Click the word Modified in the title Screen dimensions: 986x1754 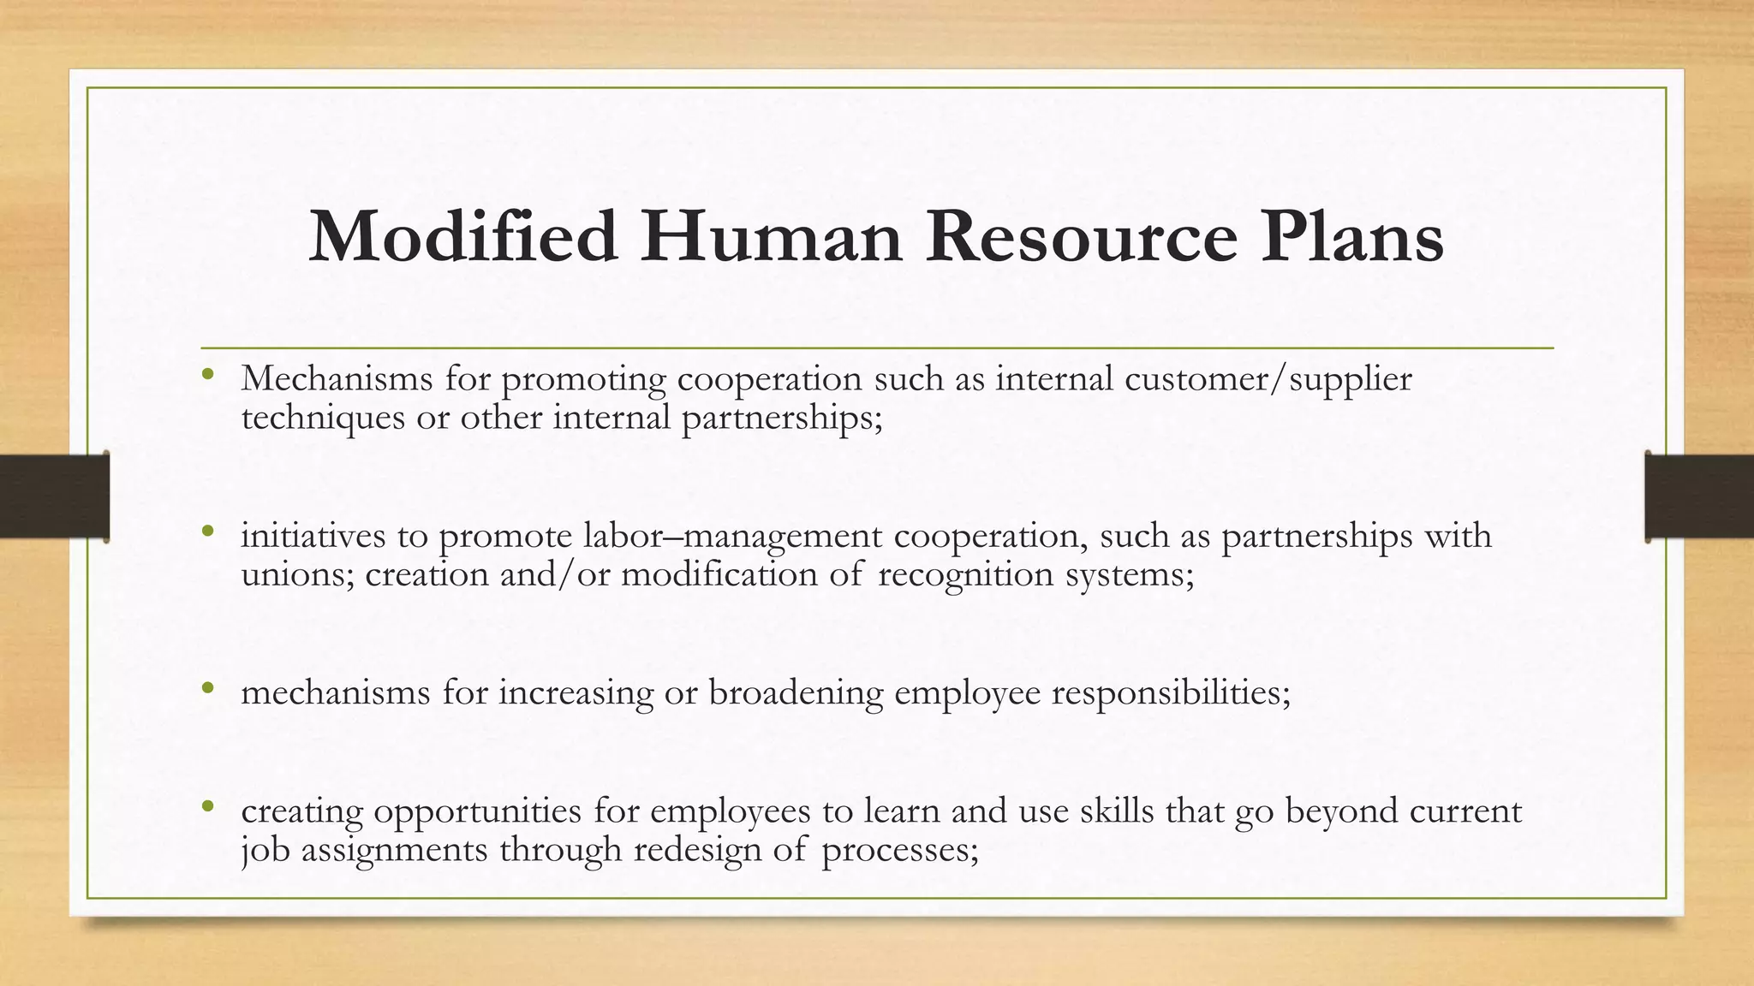coord(462,237)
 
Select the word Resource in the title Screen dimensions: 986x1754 coord(1081,237)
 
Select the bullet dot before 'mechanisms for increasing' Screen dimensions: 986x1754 coord(207,687)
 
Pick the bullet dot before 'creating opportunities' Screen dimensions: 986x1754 coord(207,805)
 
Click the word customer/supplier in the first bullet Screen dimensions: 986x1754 coord(1268,379)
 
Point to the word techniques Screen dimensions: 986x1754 coord(323,419)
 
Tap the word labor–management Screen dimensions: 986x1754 coord(732,537)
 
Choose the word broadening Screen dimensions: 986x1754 coord(795,692)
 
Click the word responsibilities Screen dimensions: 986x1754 coord(1170,692)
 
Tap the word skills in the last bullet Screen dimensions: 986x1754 coord(1117,811)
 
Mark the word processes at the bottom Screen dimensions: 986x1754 coord(899,850)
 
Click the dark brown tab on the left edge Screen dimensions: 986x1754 coord(54,496)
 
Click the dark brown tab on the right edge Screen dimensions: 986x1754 coord(1699,496)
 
